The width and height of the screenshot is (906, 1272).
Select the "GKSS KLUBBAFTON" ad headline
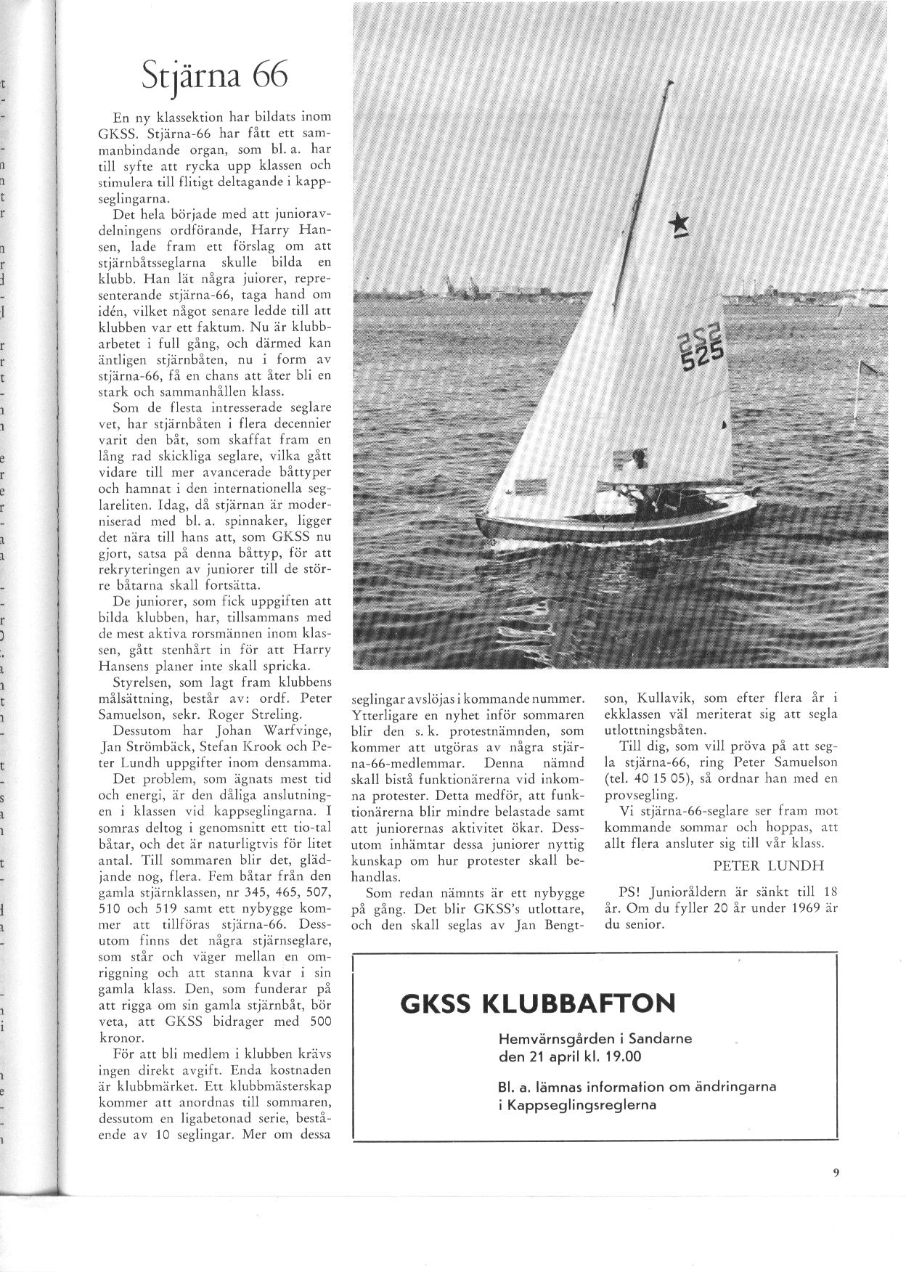coord(537,1003)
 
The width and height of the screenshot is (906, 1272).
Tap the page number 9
coord(836,1189)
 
